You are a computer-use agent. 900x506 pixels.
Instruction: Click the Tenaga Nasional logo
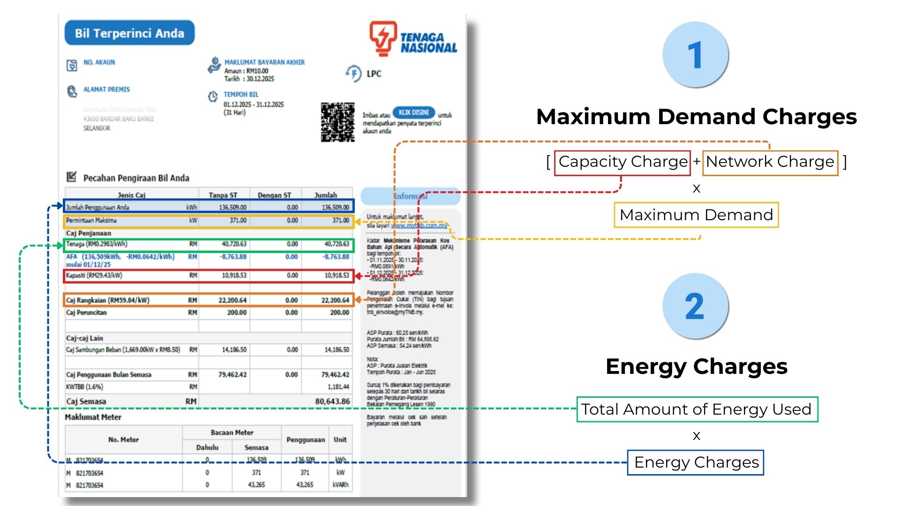412,38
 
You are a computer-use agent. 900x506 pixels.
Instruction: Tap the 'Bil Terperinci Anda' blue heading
129,33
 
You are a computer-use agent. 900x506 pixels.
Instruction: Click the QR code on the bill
337,122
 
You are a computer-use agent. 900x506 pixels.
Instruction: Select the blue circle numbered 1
696,55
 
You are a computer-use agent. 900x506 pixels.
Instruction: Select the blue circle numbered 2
696,306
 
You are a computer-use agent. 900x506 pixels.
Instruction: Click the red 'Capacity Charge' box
622,162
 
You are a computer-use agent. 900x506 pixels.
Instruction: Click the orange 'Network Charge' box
770,162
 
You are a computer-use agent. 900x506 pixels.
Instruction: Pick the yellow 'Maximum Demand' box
696,215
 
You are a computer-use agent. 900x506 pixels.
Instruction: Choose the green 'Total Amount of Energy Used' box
697,409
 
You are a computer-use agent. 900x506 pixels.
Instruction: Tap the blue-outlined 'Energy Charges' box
696,462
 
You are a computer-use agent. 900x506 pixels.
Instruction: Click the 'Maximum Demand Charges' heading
697,117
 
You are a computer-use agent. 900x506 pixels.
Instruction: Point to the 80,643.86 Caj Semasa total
332,402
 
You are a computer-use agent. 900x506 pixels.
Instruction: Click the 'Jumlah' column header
326,195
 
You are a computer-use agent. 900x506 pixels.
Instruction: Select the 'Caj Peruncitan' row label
86,313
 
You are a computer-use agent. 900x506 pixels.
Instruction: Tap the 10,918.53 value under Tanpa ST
234,275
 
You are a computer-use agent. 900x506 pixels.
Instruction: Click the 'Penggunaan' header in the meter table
305,439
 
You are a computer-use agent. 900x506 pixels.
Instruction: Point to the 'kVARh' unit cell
340,484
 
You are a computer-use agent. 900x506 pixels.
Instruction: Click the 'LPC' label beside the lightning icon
374,74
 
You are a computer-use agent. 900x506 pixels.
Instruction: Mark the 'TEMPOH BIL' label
241,94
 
